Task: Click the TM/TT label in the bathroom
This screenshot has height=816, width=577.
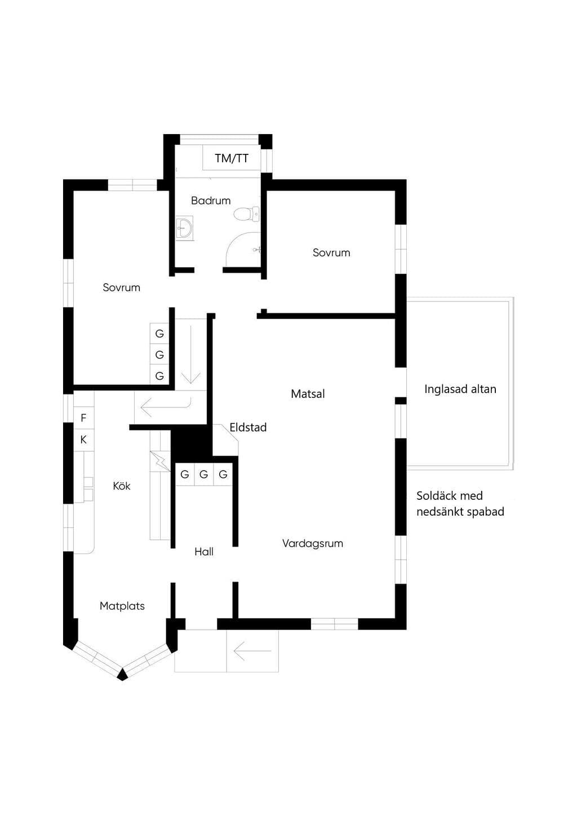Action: tap(232, 158)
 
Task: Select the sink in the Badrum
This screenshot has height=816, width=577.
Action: tap(185, 228)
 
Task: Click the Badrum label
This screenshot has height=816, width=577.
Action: tap(211, 201)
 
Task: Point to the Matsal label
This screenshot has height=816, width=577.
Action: tap(308, 394)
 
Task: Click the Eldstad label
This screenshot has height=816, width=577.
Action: tap(248, 427)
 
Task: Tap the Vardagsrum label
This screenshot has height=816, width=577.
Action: tap(313, 543)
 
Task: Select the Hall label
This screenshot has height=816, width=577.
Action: tap(203, 552)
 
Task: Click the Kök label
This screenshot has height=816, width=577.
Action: tap(121, 486)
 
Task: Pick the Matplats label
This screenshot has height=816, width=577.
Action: tap(122, 606)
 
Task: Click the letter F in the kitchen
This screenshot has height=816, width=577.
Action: tap(83, 418)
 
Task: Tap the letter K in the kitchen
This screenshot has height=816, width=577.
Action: tap(83, 440)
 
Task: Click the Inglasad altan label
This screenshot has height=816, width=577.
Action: tap(460, 389)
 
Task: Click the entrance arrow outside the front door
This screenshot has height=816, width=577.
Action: tap(252, 651)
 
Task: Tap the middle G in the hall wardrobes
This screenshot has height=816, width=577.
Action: tap(203, 474)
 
